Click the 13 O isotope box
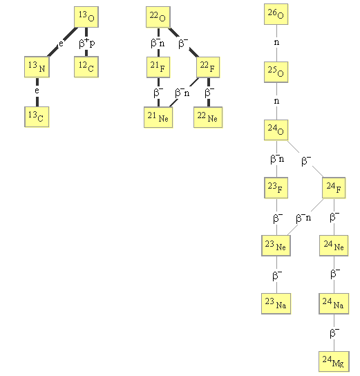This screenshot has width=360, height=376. tap(86, 17)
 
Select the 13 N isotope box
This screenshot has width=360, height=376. tap(37, 67)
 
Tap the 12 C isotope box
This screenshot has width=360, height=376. tap(86, 67)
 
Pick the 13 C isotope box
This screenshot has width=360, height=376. tap(37, 117)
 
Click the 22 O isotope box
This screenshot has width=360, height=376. tap(158, 17)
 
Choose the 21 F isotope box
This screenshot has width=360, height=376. tap(158, 67)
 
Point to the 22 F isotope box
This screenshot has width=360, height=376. tap(208, 67)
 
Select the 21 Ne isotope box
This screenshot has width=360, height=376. tap(158, 117)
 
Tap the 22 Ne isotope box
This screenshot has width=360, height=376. tap(208, 117)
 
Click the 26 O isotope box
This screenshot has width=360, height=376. tap(276, 14)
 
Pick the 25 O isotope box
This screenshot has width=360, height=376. tap(276, 72)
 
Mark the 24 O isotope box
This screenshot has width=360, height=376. tap(276, 130)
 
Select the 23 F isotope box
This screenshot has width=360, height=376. tap(276, 188)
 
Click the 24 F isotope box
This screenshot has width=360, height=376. tap(334, 188)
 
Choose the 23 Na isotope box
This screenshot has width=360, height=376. tap(276, 303)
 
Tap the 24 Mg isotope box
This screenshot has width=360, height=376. tap(334, 361)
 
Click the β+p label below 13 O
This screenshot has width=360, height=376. tap(87, 43)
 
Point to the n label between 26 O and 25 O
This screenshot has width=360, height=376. tap(276, 42)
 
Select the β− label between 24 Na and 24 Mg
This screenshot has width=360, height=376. tap(334, 333)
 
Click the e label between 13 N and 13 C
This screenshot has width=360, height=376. tap(37, 91)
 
